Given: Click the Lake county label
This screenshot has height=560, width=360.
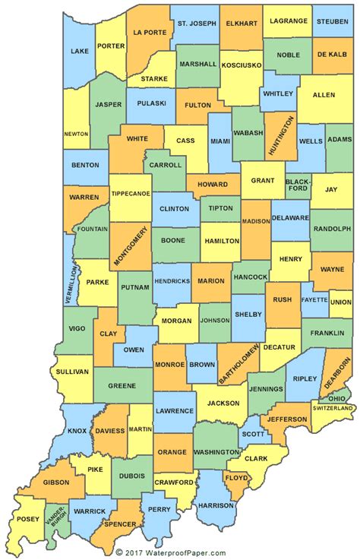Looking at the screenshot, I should pos(79,51).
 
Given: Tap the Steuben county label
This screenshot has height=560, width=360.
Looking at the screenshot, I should pos(333,21).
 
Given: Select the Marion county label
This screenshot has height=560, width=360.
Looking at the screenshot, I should pos(210,280).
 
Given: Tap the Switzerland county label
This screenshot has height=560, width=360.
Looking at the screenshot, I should pos(333,408).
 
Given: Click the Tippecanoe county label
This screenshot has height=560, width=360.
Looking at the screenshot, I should pos(131,193).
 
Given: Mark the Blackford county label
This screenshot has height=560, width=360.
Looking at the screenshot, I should pos(298,187).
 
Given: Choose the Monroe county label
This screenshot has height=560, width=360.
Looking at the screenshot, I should pos(170,364).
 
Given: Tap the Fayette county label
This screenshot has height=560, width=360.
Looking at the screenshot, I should pos(314,299).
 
